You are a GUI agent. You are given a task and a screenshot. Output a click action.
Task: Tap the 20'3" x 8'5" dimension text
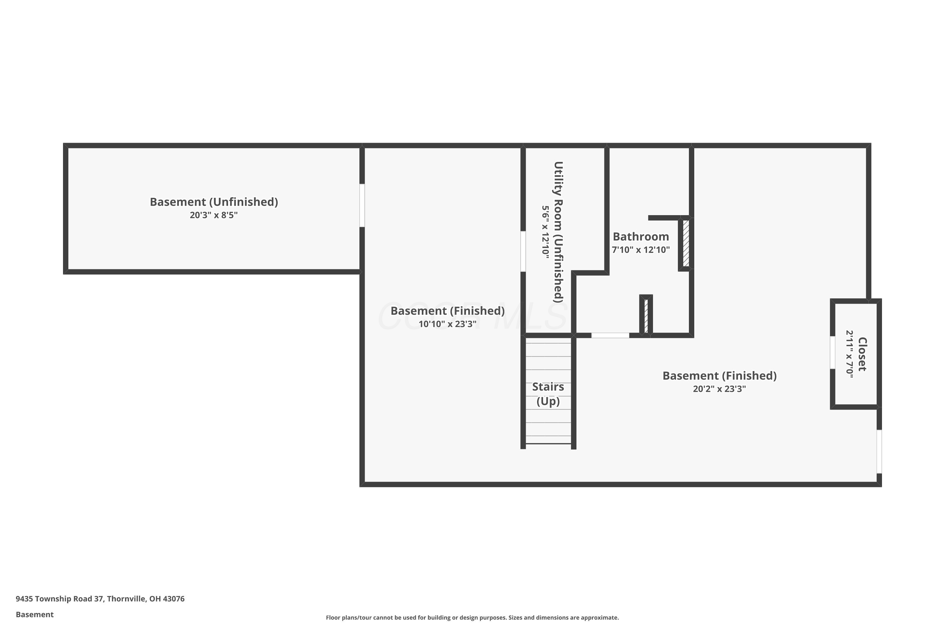pyautogui.click(x=214, y=215)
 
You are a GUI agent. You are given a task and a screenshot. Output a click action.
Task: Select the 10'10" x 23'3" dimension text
pyautogui.click(x=448, y=324)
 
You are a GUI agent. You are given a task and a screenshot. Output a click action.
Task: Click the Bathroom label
pyautogui.click(x=641, y=236)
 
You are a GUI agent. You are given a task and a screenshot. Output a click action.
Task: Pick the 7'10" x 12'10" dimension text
pyautogui.click(x=641, y=249)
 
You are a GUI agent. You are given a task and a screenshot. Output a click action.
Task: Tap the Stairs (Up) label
pyautogui.click(x=548, y=394)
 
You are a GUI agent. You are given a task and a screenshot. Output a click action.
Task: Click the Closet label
pyautogui.click(x=862, y=354)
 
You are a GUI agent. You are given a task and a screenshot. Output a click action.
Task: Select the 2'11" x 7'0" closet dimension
pyautogui.click(x=849, y=352)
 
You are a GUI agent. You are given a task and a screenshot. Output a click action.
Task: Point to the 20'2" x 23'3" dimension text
pyautogui.click(x=719, y=388)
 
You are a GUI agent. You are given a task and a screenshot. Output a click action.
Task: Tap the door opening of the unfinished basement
pyautogui.click(x=362, y=205)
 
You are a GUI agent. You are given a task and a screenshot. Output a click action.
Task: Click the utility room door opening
pyautogui.click(x=523, y=251)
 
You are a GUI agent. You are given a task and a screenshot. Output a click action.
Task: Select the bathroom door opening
pyautogui.click(x=610, y=335)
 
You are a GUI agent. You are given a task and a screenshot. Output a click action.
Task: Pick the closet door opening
pyautogui.click(x=833, y=352)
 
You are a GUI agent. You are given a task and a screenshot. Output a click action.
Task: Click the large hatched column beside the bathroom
pyautogui.click(x=686, y=243)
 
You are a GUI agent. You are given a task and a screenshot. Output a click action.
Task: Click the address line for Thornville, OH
pyautogui.click(x=100, y=599)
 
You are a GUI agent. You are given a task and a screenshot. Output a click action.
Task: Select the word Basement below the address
pyautogui.click(x=35, y=614)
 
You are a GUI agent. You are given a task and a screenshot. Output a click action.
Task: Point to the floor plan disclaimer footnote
pyautogui.click(x=472, y=617)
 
